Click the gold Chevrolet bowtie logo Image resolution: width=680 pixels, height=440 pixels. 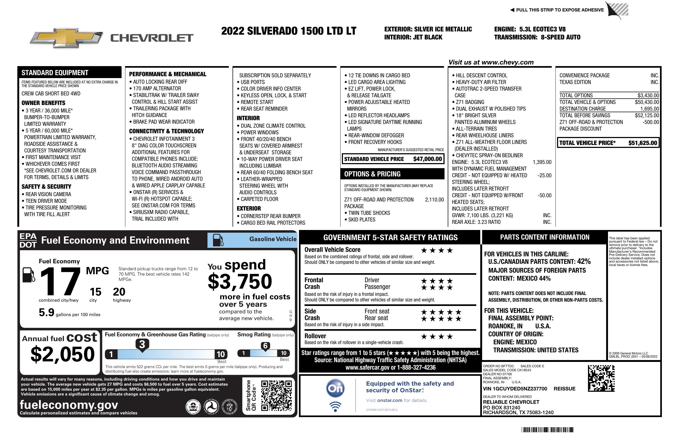[x=66, y=38]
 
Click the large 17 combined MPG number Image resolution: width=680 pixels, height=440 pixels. [x=60, y=281]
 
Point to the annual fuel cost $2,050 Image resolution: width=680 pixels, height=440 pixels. [x=62, y=354]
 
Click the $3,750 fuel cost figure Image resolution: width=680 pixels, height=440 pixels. [x=240, y=281]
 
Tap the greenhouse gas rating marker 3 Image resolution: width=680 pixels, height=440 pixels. [x=142, y=344]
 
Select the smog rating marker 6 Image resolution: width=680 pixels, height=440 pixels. [x=265, y=346]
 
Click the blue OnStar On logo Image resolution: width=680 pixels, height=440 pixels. [x=335, y=388]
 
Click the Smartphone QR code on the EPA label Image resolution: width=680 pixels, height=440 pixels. [x=276, y=395]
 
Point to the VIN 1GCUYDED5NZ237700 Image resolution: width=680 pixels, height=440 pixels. [x=515, y=389]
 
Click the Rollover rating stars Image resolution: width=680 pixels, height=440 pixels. [x=437, y=337]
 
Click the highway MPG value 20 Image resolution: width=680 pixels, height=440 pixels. [x=119, y=292]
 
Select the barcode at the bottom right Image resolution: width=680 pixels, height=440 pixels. [x=547, y=430]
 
